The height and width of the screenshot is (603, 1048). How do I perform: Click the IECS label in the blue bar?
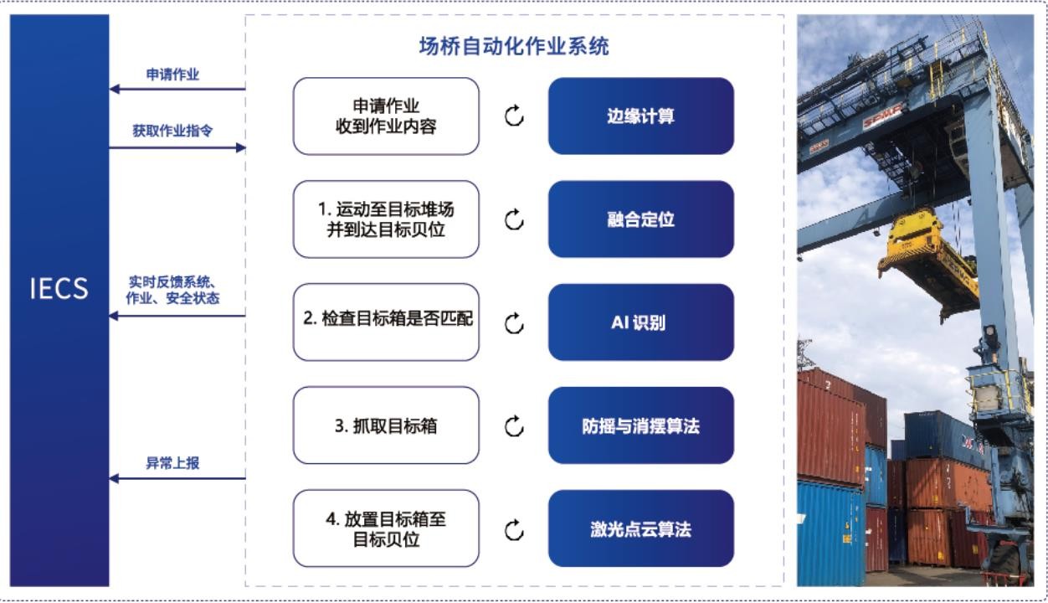point(59,288)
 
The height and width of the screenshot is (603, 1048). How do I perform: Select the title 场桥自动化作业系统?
point(514,46)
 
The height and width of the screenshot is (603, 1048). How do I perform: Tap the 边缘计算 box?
point(641,116)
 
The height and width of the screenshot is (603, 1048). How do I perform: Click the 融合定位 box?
point(641,219)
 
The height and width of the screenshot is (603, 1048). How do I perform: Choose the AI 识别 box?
point(641,322)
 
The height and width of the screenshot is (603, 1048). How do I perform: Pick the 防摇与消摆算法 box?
point(641,425)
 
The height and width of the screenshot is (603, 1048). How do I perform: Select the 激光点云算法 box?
point(641,528)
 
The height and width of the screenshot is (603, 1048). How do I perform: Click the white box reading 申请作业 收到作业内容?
point(386,116)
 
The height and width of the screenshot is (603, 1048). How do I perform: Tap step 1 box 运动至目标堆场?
point(386,219)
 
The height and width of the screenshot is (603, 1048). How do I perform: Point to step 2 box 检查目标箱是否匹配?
point(386,322)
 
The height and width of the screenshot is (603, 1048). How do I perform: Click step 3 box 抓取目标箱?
point(386,425)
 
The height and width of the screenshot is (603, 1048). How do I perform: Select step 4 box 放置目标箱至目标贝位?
point(386,528)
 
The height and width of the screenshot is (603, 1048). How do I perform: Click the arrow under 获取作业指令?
point(177,148)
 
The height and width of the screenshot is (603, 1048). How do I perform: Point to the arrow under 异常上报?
point(177,478)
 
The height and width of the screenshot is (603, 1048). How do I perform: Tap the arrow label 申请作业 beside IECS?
point(172,75)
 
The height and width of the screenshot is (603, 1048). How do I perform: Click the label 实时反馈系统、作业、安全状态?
point(172,291)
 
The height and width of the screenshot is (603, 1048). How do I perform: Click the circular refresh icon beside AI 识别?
point(514,323)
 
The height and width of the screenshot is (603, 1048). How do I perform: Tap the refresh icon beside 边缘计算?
point(514,116)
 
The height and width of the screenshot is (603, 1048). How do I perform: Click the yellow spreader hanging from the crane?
point(928,262)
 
